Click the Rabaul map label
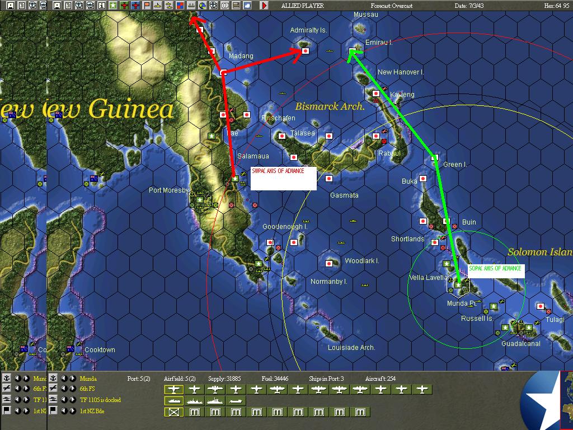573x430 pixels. point(389,153)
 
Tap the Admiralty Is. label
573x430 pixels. point(308,30)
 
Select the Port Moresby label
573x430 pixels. point(168,190)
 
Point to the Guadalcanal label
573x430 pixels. point(520,343)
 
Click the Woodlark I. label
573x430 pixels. point(362,261)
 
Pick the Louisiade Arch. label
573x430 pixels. point(351,348)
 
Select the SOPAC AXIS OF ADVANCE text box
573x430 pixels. point(496,271)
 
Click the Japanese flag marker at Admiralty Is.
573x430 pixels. point(306,51)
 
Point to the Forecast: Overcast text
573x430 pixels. point(392,6)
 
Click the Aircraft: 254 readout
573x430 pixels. point(380,379)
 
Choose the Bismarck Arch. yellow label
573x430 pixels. point(330,106)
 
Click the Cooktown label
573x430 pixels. point(100,350)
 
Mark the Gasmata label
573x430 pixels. point(344,195)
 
